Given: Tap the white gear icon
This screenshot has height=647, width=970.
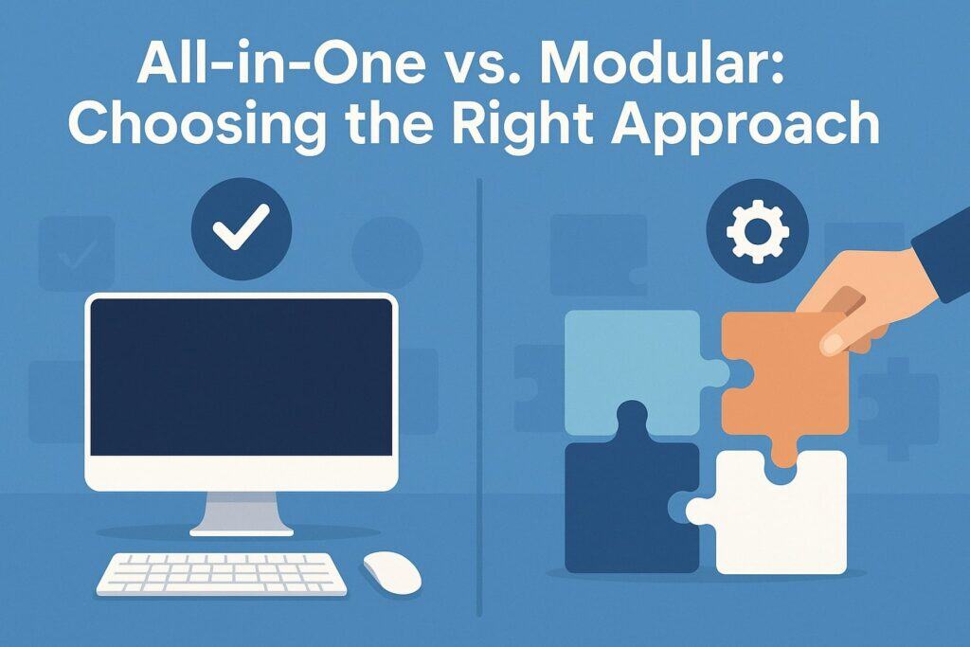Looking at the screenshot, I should click(x=756, y=232).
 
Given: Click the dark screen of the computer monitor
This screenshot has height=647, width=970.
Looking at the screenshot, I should click(x=242, y=379).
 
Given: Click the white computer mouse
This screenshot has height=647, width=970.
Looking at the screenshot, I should click(x=391, y=571).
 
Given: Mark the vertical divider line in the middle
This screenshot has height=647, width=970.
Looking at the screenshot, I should click(x=481, y=398).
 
